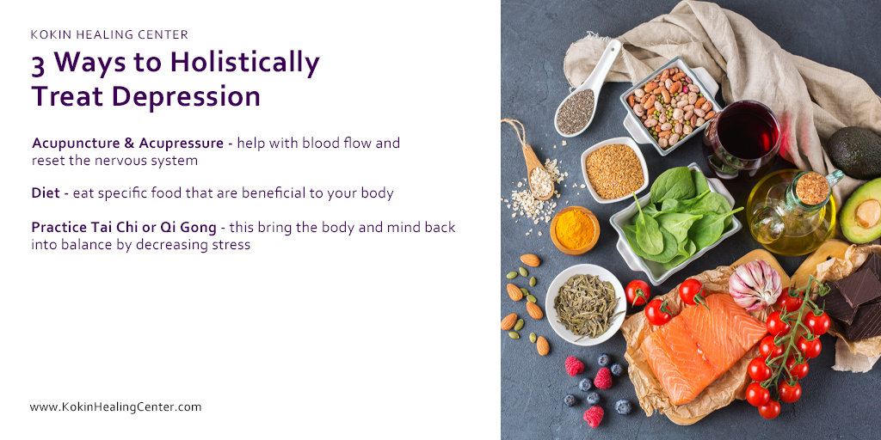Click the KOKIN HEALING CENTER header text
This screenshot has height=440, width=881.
[x=109, y=35]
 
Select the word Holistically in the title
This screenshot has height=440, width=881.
[x=244, y=63]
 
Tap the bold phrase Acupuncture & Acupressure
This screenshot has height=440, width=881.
[x=131, y=143]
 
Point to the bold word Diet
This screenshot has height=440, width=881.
[x=46, y=193]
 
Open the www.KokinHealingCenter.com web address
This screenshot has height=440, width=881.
[x=115, y=406]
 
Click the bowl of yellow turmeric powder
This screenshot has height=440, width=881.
[x=575, y=229]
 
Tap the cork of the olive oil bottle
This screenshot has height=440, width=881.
[x=811, y=188]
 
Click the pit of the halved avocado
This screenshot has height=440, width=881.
[x=867, y=213]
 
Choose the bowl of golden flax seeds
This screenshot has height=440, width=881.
[x=613, y=170]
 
